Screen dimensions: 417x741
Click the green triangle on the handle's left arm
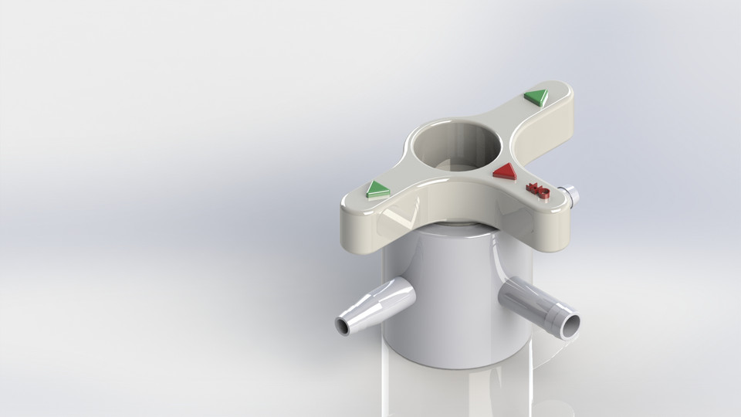pyautogui.click(x=377, y=188)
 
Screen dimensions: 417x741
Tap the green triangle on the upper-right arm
pyautogui.click(x=535, y=97)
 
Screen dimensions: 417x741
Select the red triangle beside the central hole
pyautogui.click(x=505, y=171)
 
